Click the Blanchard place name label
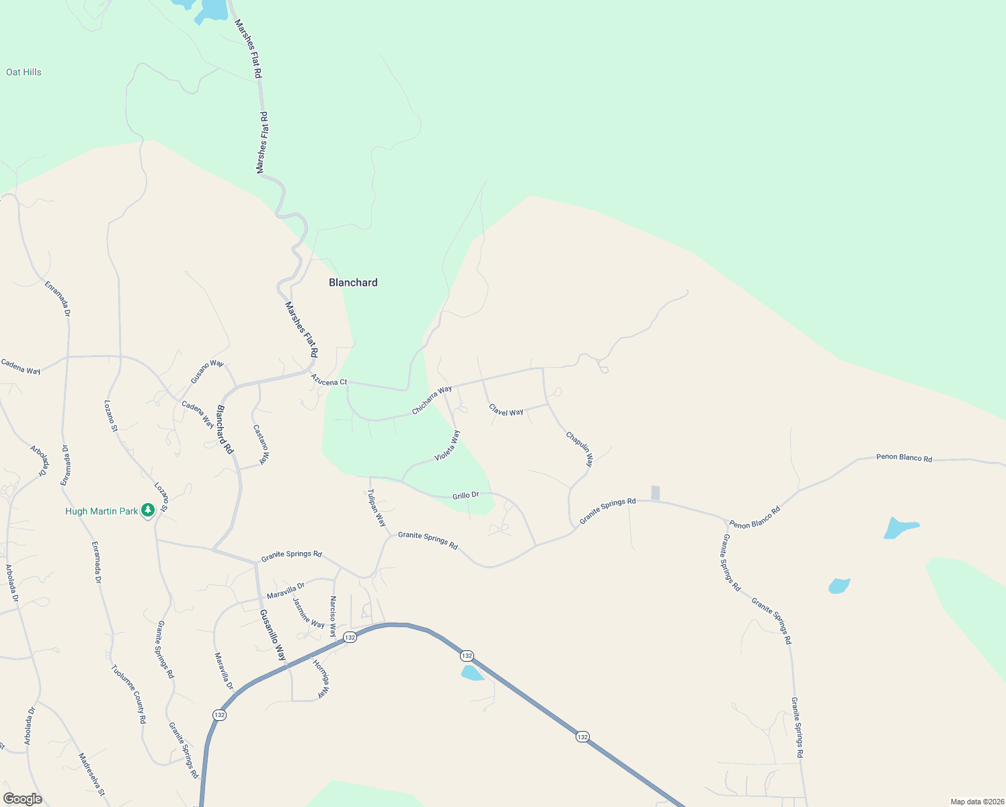coord(353,282)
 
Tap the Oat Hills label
coord(24,72)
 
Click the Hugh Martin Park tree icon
coord(148,511)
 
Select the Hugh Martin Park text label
coord(102,511)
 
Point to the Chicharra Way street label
coord(432,399)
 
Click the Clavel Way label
coord(506,410)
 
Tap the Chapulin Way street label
coord(580,449)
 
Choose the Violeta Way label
coord(447,445)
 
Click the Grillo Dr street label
coord(465,496)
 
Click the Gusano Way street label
coord(207,371)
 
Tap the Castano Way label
coord(261,444)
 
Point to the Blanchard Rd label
coord(225,430)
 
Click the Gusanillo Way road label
coord(273,635)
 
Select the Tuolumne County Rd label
coord(128,694)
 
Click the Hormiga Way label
coord(321,678)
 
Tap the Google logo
coord(23,799)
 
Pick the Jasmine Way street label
coord(309,613)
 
